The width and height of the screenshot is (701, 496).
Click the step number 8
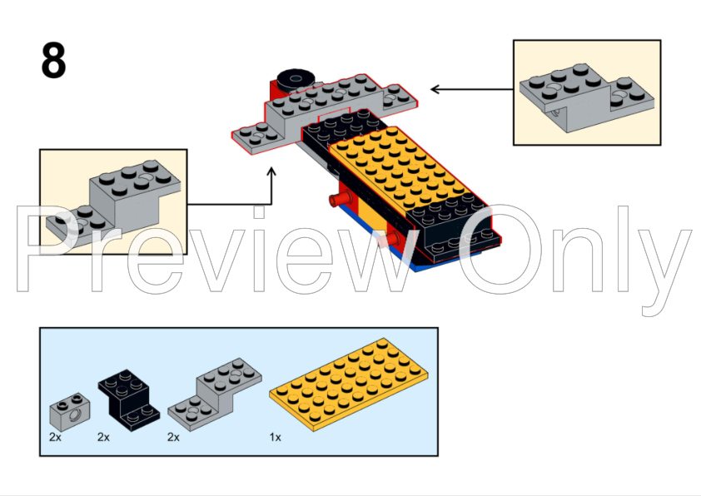point(53,61)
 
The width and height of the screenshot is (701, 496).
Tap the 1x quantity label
point(275,436)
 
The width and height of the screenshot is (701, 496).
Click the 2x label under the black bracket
point(104,436)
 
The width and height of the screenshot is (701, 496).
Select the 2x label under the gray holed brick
point(55,436)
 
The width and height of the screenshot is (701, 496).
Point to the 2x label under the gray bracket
point(174,436)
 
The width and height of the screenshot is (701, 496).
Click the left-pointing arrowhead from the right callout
point(435,88)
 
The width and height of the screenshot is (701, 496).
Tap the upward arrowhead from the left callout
point(271,171)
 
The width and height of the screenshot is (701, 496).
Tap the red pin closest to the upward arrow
point(337,200)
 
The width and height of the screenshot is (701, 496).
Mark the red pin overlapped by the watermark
point(388,241)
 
